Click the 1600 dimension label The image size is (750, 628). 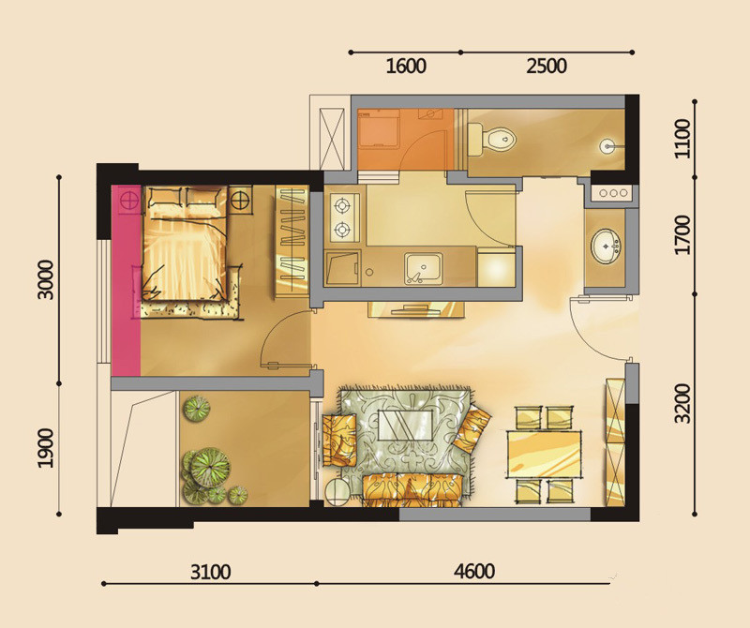click(406, 66)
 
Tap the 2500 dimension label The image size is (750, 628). click(547, 66)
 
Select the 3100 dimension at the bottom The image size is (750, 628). click(210, 572)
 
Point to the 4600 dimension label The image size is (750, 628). click(474, 571)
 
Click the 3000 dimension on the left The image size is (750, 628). click(46, 280)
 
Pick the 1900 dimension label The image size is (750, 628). click(46, 448)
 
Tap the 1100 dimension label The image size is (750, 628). click(682, 139)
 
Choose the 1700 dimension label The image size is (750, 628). click(682, 235)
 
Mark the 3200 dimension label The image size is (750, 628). click(682, 403)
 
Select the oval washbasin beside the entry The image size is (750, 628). click(606, 246)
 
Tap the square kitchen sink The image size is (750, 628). click(424, 268)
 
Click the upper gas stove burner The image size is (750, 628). click(341, 206)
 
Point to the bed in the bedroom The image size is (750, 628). click(185, 244)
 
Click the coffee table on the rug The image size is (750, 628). click(406, 426)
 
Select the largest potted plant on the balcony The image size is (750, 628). click(210, 468)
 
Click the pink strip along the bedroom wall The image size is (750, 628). click(126, 281)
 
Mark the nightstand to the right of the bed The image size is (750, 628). click(240, 199)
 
